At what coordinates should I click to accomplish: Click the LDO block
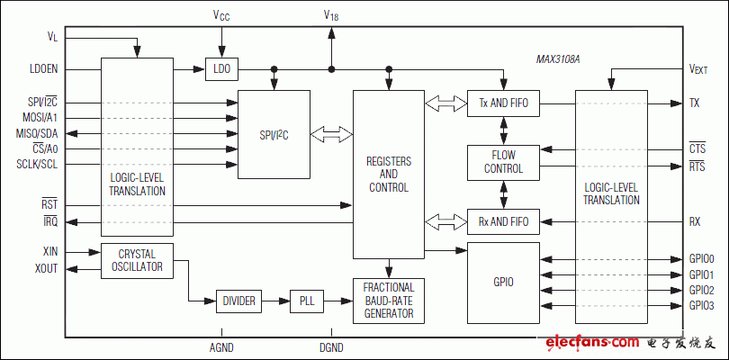click(220, 69)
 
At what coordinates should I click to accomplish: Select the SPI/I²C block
click(273, 135)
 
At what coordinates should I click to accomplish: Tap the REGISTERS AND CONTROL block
click(389, 174)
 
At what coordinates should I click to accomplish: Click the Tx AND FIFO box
click(502, 103)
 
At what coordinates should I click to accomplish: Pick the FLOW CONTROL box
click(502, 162)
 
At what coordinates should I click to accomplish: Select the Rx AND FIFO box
click(502, 220)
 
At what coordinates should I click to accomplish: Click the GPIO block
click(502, 282)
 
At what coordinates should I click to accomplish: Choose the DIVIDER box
click(238, 301)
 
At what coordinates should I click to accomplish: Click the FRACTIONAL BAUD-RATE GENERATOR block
click(389, 301)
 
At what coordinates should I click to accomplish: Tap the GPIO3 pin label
click(702, 306)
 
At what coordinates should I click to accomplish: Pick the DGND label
click(331, 346)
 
